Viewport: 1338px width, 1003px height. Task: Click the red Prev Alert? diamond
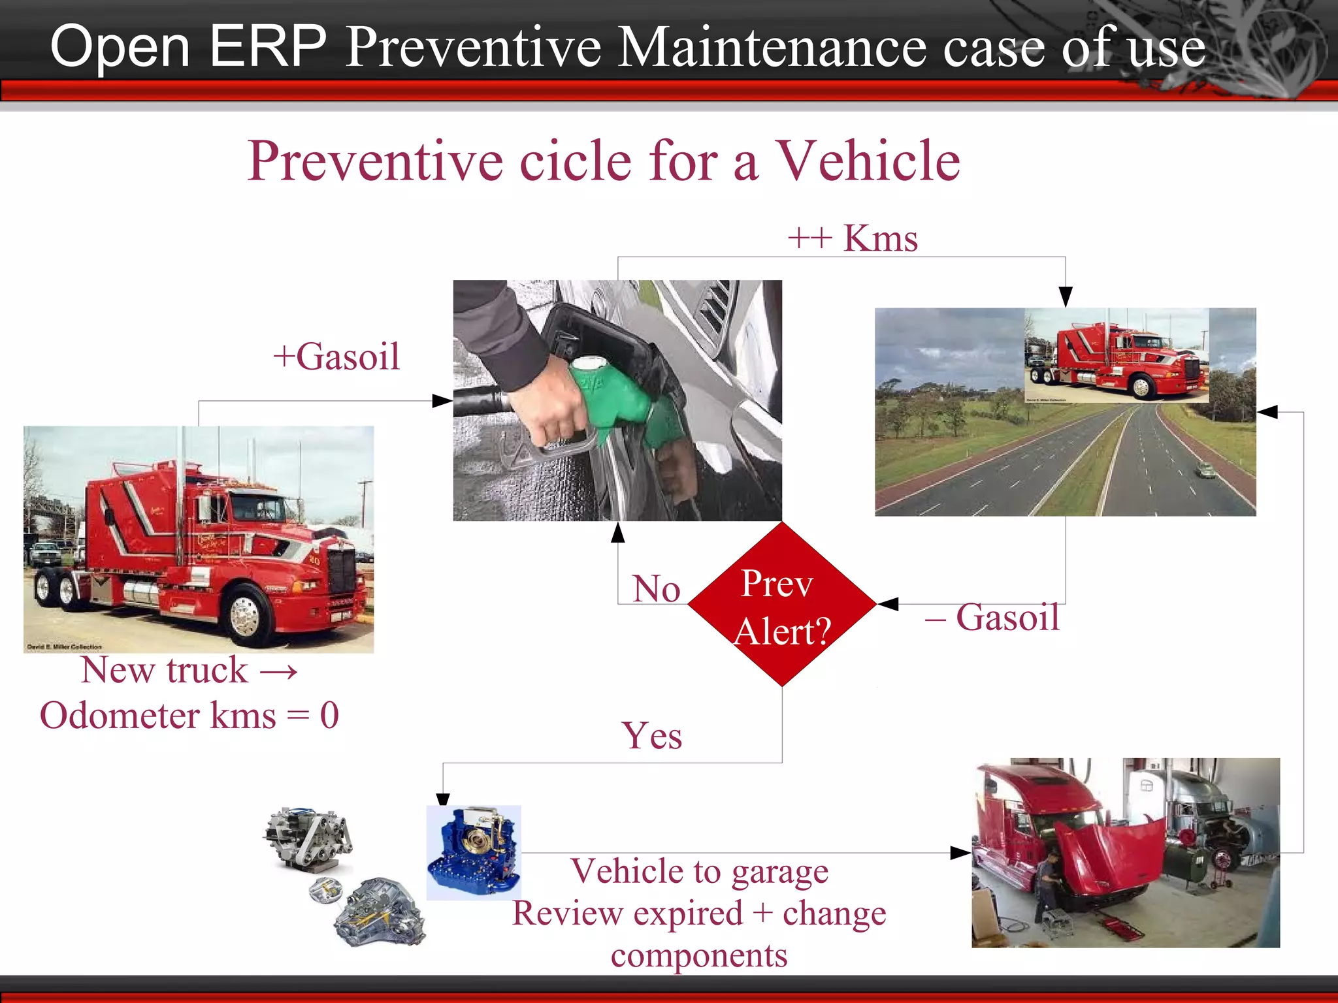[x=782, y=604]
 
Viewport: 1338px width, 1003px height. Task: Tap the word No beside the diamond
[x=656, y=589]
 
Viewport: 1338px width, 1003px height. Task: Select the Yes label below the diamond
[x=651, y=736]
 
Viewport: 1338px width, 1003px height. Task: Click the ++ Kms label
[x=853, y=238]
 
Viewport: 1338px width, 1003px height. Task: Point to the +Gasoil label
[x=336, y=357]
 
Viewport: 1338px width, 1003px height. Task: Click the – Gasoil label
[x=992, y=617]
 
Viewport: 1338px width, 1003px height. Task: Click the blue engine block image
[x=474, y=852]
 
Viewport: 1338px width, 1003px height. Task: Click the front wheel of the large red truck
[x=246, y=614]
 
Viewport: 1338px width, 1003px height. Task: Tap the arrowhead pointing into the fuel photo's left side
[x=443, y=401]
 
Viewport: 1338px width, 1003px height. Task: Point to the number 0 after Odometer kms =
[x=329, y=715]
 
